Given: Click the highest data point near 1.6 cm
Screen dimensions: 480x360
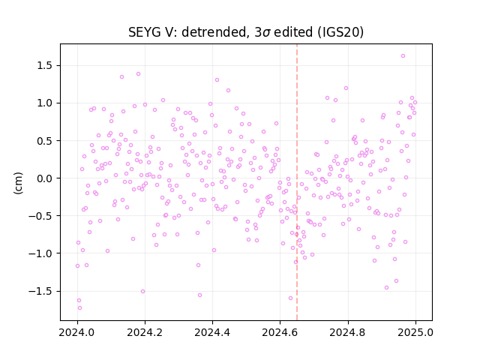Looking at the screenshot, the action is [x=403, y=56].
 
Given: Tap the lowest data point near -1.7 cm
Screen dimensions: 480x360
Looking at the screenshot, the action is [x=79, y=308].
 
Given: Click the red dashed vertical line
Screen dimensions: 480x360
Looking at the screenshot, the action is [x=297, y=182].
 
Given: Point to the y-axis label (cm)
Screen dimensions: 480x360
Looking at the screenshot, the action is [x=18, y=183].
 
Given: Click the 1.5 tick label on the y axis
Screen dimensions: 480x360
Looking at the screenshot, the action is [x=45, y=66].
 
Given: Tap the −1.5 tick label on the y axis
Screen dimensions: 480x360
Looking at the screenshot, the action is [x=40, y=291].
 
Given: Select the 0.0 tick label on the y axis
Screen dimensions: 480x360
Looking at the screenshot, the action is [x=45, y=178].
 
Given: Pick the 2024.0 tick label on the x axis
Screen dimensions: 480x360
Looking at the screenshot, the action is [x=77, y=332].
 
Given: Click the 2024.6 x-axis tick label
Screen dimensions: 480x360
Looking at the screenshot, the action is [x=280, y=332].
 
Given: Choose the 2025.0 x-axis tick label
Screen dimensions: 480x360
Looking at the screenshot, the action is [x=415, y=332].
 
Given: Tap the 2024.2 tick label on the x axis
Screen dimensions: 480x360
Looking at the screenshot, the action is [x=145, y=332].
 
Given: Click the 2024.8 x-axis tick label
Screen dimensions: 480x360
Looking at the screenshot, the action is [x=347, y=332].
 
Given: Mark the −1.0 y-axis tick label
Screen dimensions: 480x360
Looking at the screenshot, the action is [x=40, y=253].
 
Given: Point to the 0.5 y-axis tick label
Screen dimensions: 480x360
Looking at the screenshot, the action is [x=45, y=141].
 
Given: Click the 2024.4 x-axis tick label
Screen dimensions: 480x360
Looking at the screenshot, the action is [x=212, y=332].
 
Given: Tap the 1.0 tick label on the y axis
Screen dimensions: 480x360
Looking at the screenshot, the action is [x=45, y=103].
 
